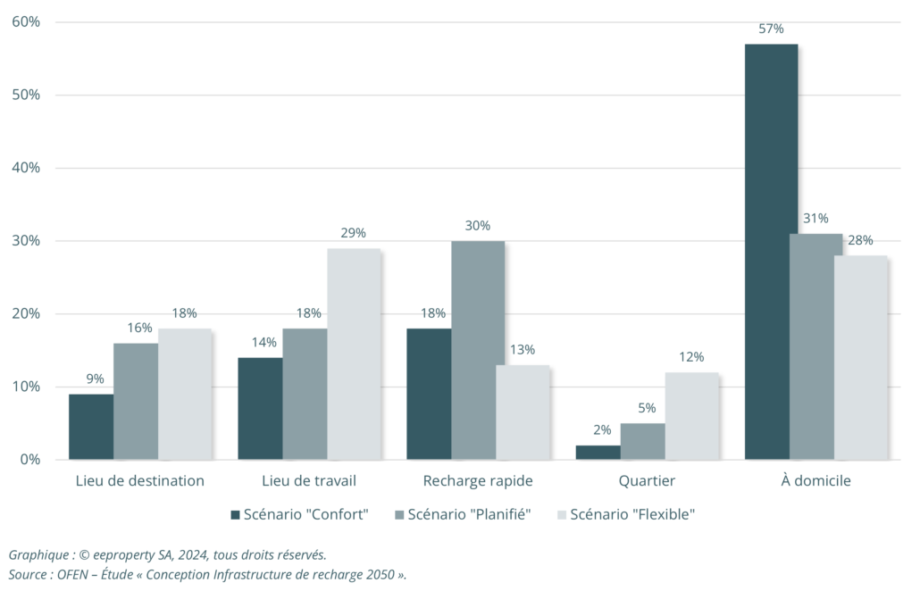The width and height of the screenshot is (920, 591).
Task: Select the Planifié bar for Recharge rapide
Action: [478, 350]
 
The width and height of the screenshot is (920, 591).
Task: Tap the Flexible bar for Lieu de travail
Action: [353, 354]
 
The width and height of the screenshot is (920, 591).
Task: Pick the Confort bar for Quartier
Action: [598, 453]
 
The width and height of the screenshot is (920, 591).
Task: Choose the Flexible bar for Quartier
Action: [691, 416]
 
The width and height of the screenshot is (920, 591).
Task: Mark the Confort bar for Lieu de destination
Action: [91, 427]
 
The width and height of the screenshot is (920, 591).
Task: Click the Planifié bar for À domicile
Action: [815, 346]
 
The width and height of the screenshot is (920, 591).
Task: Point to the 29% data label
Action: [353, 234]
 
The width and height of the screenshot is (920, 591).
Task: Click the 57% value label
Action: [771, 29]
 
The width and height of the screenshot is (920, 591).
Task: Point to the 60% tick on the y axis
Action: [26, 21]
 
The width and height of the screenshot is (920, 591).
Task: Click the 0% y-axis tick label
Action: [29, 460]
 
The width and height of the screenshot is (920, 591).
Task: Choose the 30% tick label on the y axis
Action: [26, 241]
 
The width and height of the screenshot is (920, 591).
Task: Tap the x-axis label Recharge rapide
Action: [478, 481]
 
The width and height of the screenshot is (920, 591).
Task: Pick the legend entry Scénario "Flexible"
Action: [631, 514]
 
